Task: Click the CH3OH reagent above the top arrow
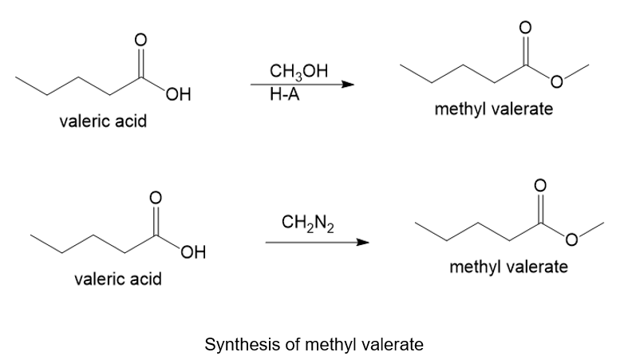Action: click(x=298, y=72)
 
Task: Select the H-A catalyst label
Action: click(x=284, y=95)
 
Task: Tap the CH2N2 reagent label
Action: click(x=307, y=223)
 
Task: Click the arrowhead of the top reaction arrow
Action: click(x=348, y=85)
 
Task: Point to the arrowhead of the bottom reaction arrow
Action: click(x=362, y=243)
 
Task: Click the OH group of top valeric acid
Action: click(x=178, y=95)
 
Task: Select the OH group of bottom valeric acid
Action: click(x=193, y=252)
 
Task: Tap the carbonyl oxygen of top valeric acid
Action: click(x=140, y=40)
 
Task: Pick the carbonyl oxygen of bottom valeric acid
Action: click(x=156, y=197)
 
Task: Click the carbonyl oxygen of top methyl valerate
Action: click(x=526, y=27)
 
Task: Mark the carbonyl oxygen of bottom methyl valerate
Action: click(x=540, y=185)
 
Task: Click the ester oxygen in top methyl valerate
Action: click(x=557, y=82)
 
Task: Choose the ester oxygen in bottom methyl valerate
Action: click(x=571, y=239)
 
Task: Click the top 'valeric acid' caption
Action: click(x=103, y=121)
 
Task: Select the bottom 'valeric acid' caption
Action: click(x=118, y=279)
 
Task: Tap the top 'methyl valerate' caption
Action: click(x=494, y=109)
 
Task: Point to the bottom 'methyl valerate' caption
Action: click(x=508, y=267)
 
